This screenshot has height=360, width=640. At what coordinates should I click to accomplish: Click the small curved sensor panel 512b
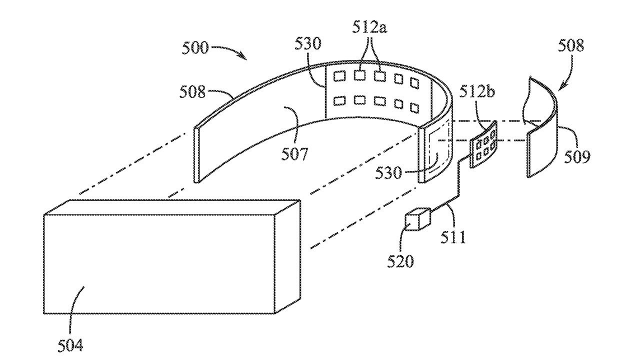pyautogui.click(x=484, y=143)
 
